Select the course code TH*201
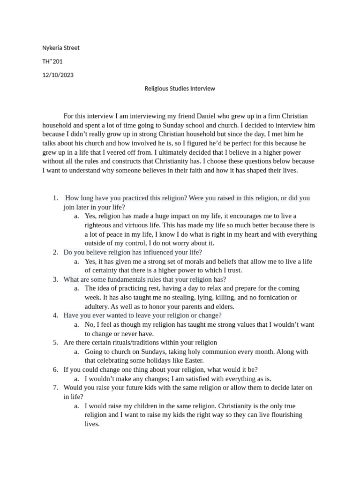52,61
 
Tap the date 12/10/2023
58,75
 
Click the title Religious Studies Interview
180,88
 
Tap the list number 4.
55,315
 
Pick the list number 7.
55,388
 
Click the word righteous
100,225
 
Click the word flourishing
274,415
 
